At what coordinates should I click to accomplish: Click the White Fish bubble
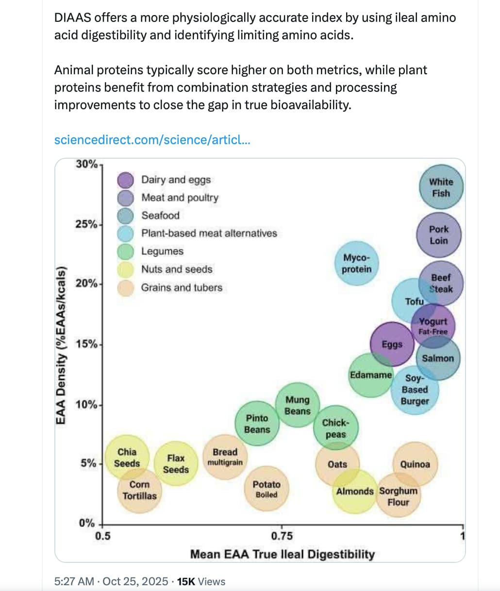(x=441, y=187)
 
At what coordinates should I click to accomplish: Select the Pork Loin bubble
(x=439, y=235)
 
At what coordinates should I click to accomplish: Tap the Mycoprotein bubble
(x=357, y=263)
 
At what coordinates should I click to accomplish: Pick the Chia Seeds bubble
(x=127, y=458)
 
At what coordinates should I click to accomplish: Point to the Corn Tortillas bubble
(x=139, y=490)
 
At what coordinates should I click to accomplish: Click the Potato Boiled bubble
(x=267, y=489)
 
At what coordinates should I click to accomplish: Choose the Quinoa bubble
(x=415, y=464)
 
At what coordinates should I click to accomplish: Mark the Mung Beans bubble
(x=297, y=406)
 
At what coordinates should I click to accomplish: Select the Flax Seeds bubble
(x=176, y=464)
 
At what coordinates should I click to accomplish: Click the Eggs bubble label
(x=392, y=345)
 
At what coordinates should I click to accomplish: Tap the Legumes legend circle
(x=126, y=252)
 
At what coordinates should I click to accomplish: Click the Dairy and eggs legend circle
(x=126, y=180)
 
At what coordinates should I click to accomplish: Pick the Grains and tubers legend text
(x=182, y=288)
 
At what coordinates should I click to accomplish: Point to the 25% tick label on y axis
(x=86, y=224)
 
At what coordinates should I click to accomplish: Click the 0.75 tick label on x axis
(x=282, y=536)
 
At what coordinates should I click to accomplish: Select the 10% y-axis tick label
(x=86, y=404)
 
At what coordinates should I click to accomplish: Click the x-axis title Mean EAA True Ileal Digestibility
(x=282, y=554)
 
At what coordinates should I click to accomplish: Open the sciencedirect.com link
(x=152, y=140)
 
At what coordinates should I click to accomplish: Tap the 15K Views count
(x=201, y=581)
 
